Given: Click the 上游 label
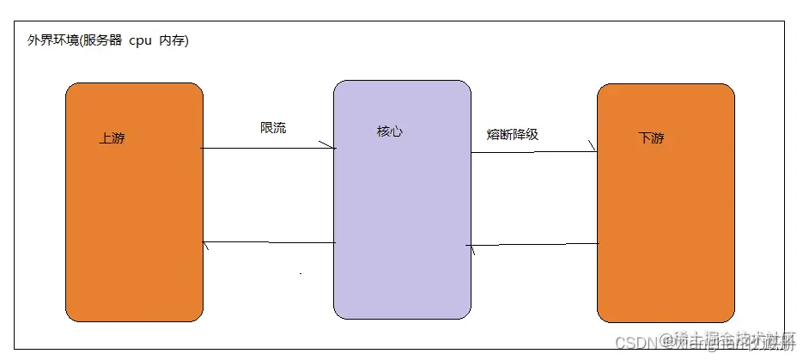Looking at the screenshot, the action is click(x=112, y=138).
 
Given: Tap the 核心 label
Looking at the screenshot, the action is click(x=389, y=131).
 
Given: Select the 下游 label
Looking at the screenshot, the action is click(x=651, y=138).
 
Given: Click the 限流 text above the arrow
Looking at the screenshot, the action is click(x=273, y=128).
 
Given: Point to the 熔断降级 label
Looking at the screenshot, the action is click(x=512, y=134).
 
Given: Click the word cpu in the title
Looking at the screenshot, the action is click(x=140, y=41).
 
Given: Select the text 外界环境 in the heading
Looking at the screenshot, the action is click(x=52, y=41).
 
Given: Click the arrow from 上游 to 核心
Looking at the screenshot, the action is click(x=266, y=149).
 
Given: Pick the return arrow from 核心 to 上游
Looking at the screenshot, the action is click(x=268, y=244).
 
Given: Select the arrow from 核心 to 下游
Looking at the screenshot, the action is click(x=532, y=152).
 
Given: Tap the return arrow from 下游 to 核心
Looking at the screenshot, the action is click(x=532, y=245).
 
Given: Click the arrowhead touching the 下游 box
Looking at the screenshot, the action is click(x=592, y=150).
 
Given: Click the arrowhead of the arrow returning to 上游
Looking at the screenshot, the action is click(x=206, y=246).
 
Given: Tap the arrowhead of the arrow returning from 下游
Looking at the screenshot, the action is click(x=471, y=247).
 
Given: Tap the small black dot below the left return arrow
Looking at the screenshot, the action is click(x=300, y=273).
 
